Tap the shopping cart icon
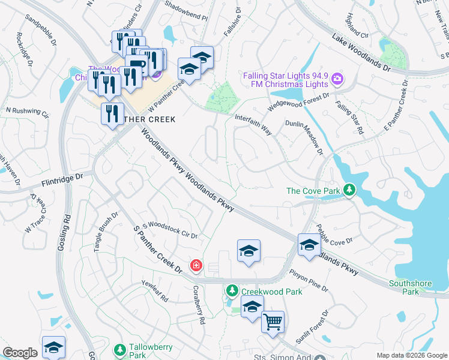coord(273,322)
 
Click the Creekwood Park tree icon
coord(232,291)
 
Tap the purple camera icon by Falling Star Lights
coord(337,79)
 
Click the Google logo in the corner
coord(20,353)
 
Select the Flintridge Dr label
coord(64,178)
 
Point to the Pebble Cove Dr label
coord(335,235)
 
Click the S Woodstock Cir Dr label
coord(169,230)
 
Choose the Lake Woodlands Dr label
coord(361,52)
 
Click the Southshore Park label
coord(403,287)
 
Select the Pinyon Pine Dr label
coord(309,280)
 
